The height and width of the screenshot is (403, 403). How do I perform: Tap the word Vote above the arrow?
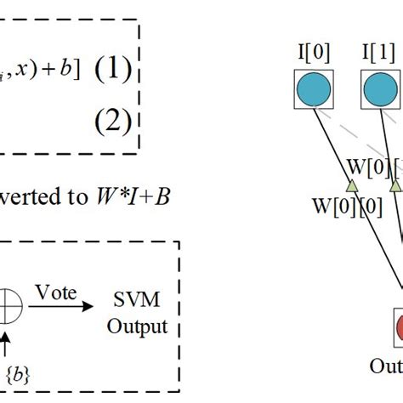tap(55, 292)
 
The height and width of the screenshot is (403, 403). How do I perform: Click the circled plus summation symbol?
tap(9, 311)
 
